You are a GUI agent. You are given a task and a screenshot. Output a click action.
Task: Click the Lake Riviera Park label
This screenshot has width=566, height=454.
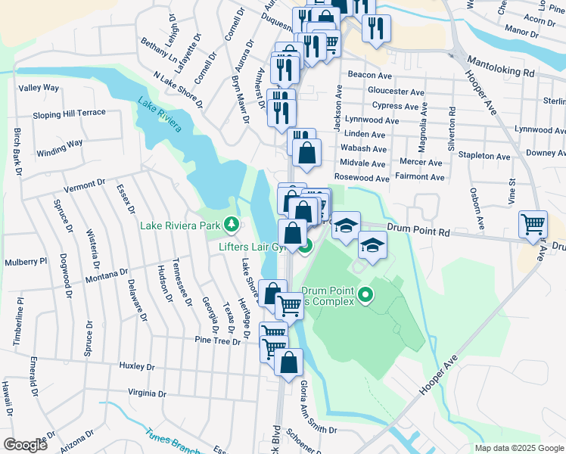[x=179, y=225]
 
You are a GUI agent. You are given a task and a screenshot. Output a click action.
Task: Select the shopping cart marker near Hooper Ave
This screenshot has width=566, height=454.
[x=533, y=225]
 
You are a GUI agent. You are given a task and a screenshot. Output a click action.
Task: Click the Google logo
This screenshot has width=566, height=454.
[x=25, y=445]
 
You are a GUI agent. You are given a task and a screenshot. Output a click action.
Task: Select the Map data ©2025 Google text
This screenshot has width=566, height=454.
[x=518, y=448]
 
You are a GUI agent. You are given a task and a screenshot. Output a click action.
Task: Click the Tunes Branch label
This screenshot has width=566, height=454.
[x=170, y=440]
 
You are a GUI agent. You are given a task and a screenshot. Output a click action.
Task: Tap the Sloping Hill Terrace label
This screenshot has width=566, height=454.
[x=69, y=113]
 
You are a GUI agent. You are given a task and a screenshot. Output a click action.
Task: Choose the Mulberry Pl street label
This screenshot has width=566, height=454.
[x=23, y=262]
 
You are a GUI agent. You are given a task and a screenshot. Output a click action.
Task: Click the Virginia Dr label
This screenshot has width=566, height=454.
[x=147, y=393]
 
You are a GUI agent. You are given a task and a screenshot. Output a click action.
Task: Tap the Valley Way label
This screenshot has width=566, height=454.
[x=39, y=88]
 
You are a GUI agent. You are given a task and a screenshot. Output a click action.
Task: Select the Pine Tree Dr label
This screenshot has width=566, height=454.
[x=216, y=341]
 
